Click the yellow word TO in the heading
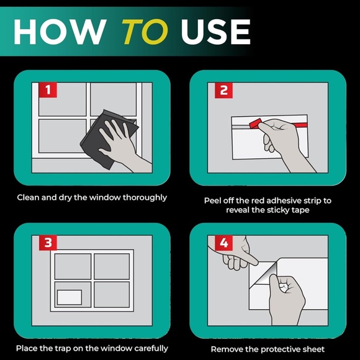[145, 32]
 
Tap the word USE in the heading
[215, 32]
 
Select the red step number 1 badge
[48, 90]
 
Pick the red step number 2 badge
[223, 90]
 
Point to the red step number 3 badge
[48, 243]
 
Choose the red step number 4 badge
[223, 243]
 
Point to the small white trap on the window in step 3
[70, 297]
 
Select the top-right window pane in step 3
[112, 266]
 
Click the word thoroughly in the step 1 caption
[145, 197]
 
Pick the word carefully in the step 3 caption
[151, 349]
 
